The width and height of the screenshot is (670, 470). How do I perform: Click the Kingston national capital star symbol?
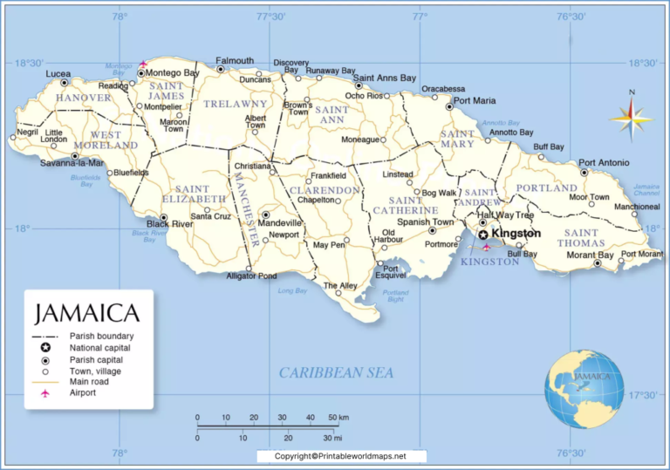(x=482, y=235)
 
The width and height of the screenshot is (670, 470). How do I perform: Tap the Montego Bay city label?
(x=173, y=73)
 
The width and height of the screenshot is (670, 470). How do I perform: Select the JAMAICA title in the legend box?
(x=86, y=313)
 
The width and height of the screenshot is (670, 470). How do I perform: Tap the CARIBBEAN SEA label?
(x=336, y=372)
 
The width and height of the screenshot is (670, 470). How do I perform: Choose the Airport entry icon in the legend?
(x=44, y=393)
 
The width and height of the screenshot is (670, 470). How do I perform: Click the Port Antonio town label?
(x=604, y=162)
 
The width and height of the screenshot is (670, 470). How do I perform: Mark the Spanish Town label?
(x=425, y=222)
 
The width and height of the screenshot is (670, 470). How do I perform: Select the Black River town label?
(x=169, y=224)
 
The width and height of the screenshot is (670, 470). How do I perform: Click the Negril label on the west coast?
(x=27, y=133)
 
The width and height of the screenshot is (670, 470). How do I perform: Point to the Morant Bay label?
(x=589, y=255)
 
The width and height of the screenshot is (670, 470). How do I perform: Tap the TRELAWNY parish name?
(x=235, y=104)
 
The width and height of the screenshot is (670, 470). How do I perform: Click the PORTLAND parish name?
(x=546, y=188)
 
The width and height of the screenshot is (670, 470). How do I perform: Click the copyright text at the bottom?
(x=341, y=456)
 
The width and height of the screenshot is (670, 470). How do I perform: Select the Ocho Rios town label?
(x=364, y=96)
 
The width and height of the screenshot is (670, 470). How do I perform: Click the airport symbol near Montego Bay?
(x=143, y=64)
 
